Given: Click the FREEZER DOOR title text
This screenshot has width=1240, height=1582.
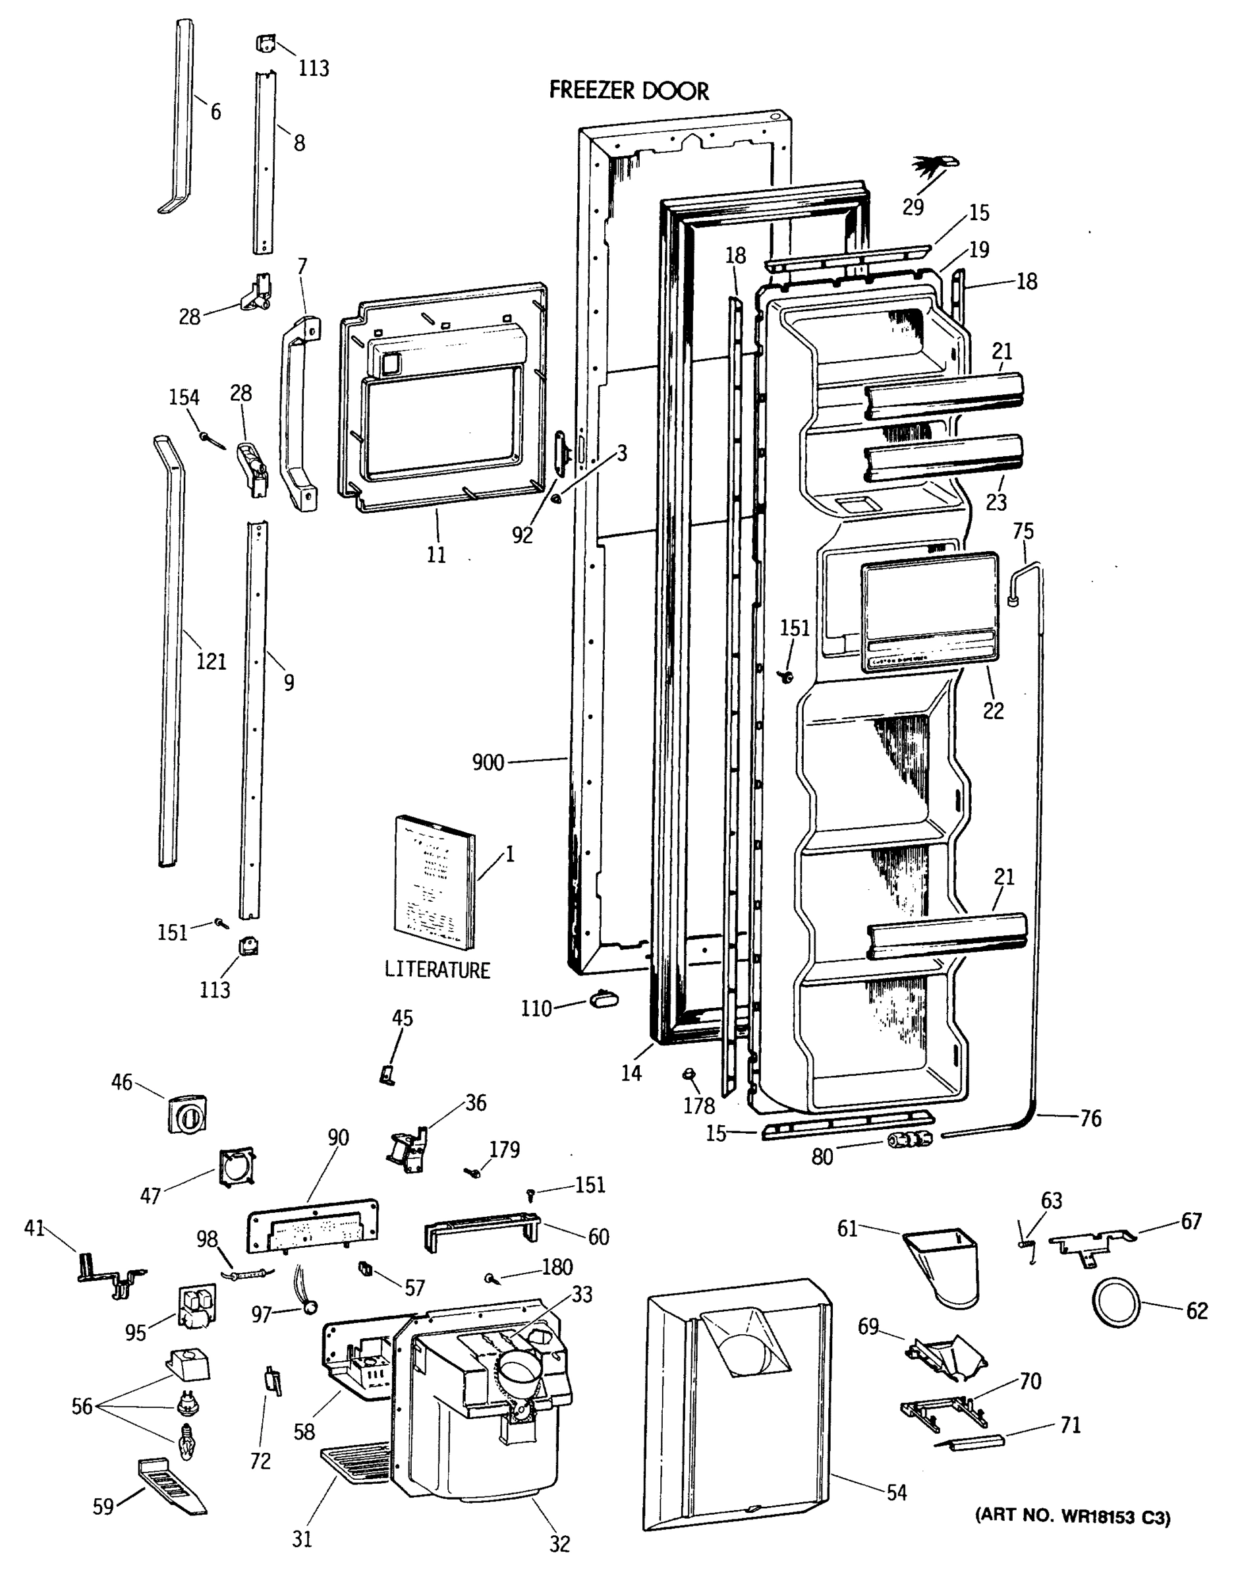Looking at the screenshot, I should tap(629, 91).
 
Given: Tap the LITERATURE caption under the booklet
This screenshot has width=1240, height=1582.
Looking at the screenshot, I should tap(437, 970).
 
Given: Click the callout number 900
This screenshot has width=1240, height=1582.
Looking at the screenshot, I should tap(488, 763).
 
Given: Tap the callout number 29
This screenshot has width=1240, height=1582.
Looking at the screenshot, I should tap(913, 207).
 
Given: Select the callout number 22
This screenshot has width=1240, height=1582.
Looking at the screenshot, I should tap(993, 711).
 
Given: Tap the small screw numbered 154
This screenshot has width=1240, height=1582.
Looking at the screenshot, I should tap(212, 440).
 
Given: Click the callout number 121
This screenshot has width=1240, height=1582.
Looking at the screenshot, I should tap(211, 662).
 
